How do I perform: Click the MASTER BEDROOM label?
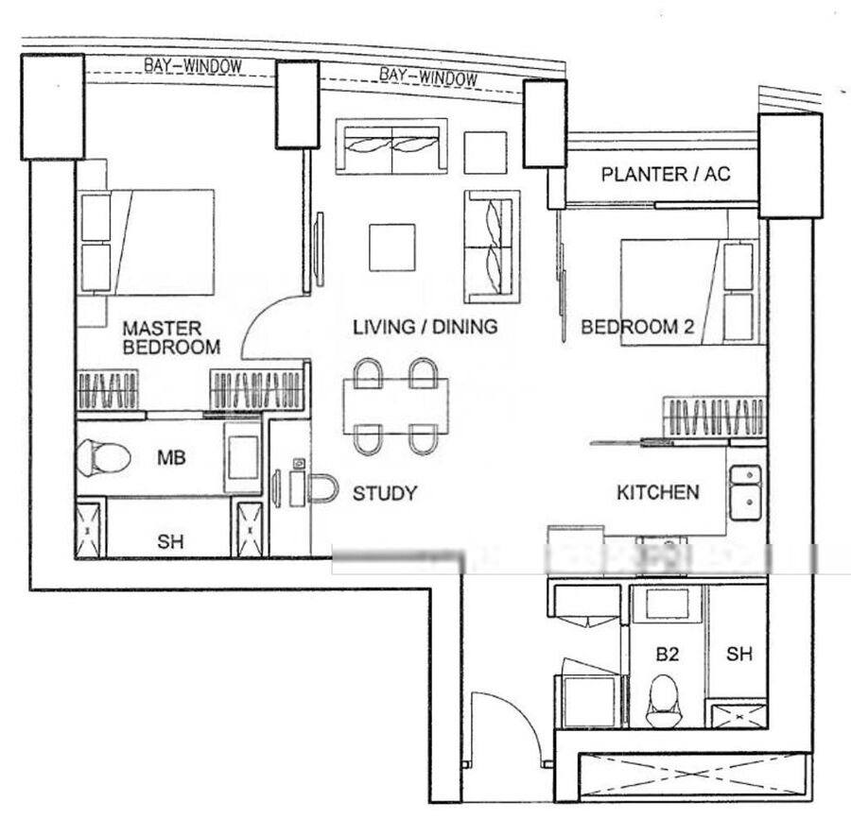point(171,337)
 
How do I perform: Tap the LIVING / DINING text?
point(425,327)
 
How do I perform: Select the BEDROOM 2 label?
point(637,327)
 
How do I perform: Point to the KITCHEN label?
point(658,493)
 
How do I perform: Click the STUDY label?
point(385,493)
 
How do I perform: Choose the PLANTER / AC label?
point(666,175)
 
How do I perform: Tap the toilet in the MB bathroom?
point(103,457)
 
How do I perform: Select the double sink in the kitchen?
point(746,492)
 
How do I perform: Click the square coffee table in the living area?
point(392,247)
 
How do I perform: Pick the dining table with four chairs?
point(395,406)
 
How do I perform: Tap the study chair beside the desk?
point(323,488)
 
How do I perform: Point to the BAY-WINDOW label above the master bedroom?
point(193,66)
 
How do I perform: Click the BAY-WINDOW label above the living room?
point(428,77)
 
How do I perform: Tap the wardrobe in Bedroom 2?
point(714,417)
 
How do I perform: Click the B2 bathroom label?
point(667,655)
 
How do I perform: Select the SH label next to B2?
point(739,655)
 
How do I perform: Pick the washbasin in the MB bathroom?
point(243,457)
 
